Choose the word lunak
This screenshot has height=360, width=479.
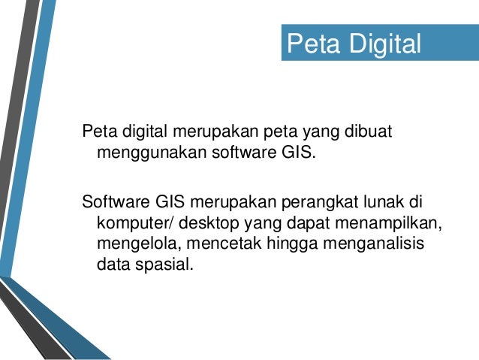381,203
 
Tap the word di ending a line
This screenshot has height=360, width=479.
416,203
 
